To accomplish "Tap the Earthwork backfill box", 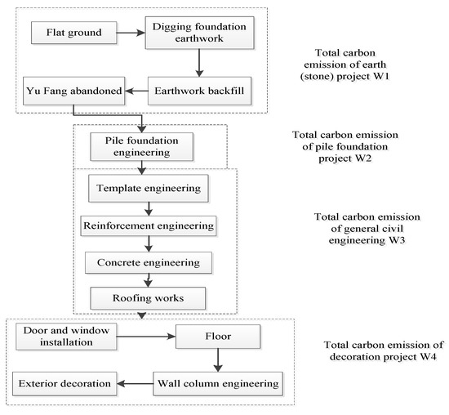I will (199, 90).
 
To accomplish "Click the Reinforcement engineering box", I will (149, 225).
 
